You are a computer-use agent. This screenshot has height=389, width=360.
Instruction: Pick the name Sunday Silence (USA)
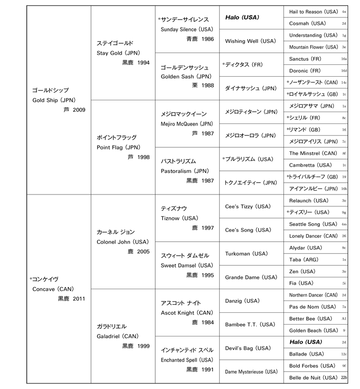(x=186, y=29)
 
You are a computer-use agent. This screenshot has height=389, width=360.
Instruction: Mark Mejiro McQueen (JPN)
(x=187, y=124)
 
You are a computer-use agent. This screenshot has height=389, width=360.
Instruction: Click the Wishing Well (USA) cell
(x=249, y=41)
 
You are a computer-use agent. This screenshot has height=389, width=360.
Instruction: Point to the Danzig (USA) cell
(x=242, y=300)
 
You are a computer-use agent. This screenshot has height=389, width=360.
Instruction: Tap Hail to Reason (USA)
(x=313, y=11)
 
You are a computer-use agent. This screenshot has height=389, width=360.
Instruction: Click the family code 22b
(x=344, y=378)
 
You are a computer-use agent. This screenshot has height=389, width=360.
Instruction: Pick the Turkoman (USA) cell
(x=246, y=254)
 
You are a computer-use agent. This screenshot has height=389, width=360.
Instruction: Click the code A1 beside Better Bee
(x=344, y=319)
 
